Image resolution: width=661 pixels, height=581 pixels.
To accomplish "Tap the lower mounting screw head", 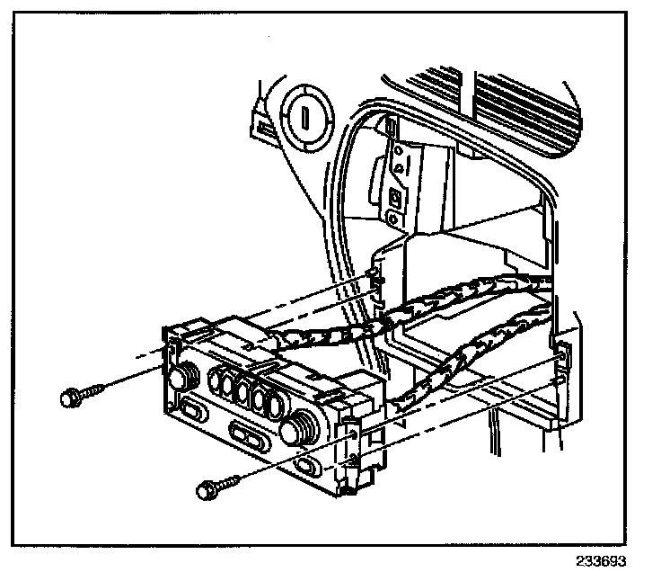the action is click(x=204, y=490).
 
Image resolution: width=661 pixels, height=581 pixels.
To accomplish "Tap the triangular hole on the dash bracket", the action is click(x=396, y=168).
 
